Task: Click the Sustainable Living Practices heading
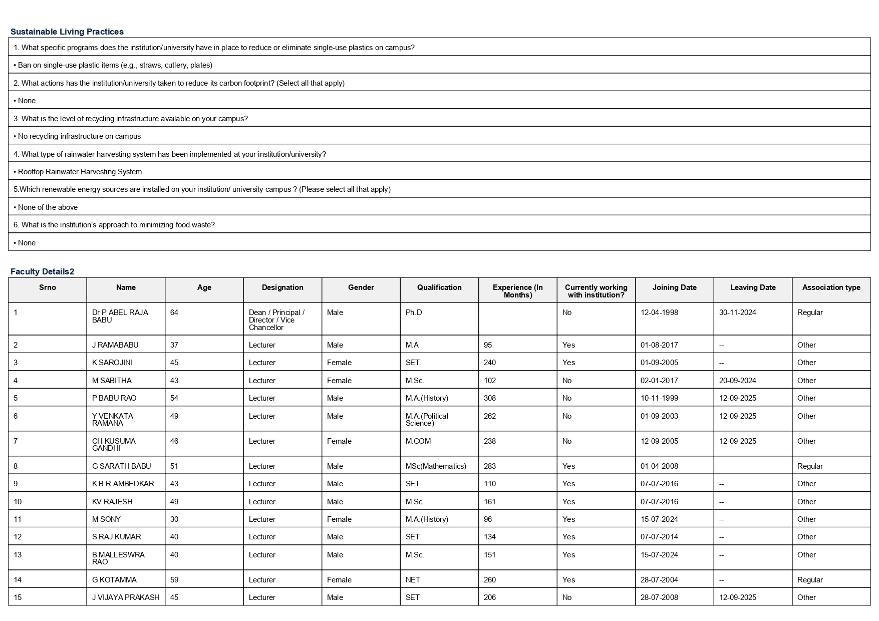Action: coord(67,32)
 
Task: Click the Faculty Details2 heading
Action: coord(42,271)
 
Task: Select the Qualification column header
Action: coord(439,287)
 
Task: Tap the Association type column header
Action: coord(831,287)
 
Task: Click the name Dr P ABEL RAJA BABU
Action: coord(120,316)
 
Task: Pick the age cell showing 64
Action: coord(174,313)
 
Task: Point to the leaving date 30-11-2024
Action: coord(737,313)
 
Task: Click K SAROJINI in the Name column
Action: coord(112,363)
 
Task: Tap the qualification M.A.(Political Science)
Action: coord(427,420)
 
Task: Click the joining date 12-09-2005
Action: coord(659,441)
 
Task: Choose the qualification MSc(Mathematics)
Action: coord(436,466)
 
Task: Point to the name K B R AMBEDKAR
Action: coord(123,484)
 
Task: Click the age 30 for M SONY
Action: coord(174,519)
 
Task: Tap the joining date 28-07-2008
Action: coord(659,597)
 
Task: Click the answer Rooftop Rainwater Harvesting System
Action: coord(80,172)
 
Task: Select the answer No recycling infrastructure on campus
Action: coord(79,136)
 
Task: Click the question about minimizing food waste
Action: coord(114,225)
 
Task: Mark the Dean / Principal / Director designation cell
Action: coord(276,320)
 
